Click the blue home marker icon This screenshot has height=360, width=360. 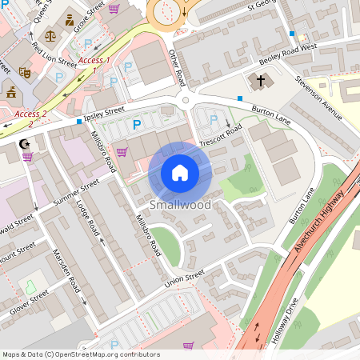(x=180, y=173)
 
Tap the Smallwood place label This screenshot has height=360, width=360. (x=180, y=206)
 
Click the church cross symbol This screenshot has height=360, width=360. (x=258, y=81)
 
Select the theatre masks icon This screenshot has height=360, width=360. (x=25, y=71)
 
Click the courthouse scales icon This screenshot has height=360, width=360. (x=51, y=35)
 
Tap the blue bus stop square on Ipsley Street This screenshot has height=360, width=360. (x=78, y=122)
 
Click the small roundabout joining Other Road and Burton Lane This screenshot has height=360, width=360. (x=186, y=100)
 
